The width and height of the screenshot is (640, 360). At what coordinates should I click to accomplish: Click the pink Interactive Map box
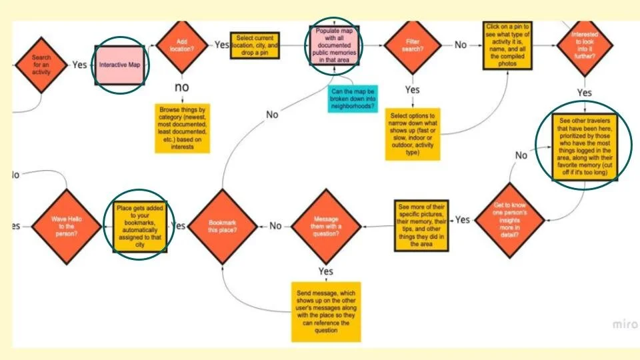pos(121,65)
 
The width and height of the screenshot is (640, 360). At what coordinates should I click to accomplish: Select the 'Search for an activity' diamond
pos(41,65)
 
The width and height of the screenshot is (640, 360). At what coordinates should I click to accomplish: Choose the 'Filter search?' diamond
pos(413,45)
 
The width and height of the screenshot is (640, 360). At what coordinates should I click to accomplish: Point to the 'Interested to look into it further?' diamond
pos(584,45)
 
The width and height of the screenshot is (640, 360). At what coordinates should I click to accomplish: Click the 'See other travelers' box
pos(584,147)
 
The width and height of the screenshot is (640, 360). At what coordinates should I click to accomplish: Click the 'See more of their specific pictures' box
pos(422,225)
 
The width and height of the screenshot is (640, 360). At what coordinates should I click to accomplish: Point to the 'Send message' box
pos(325,311)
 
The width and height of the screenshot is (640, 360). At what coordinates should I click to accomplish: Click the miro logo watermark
pos(625,323)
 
